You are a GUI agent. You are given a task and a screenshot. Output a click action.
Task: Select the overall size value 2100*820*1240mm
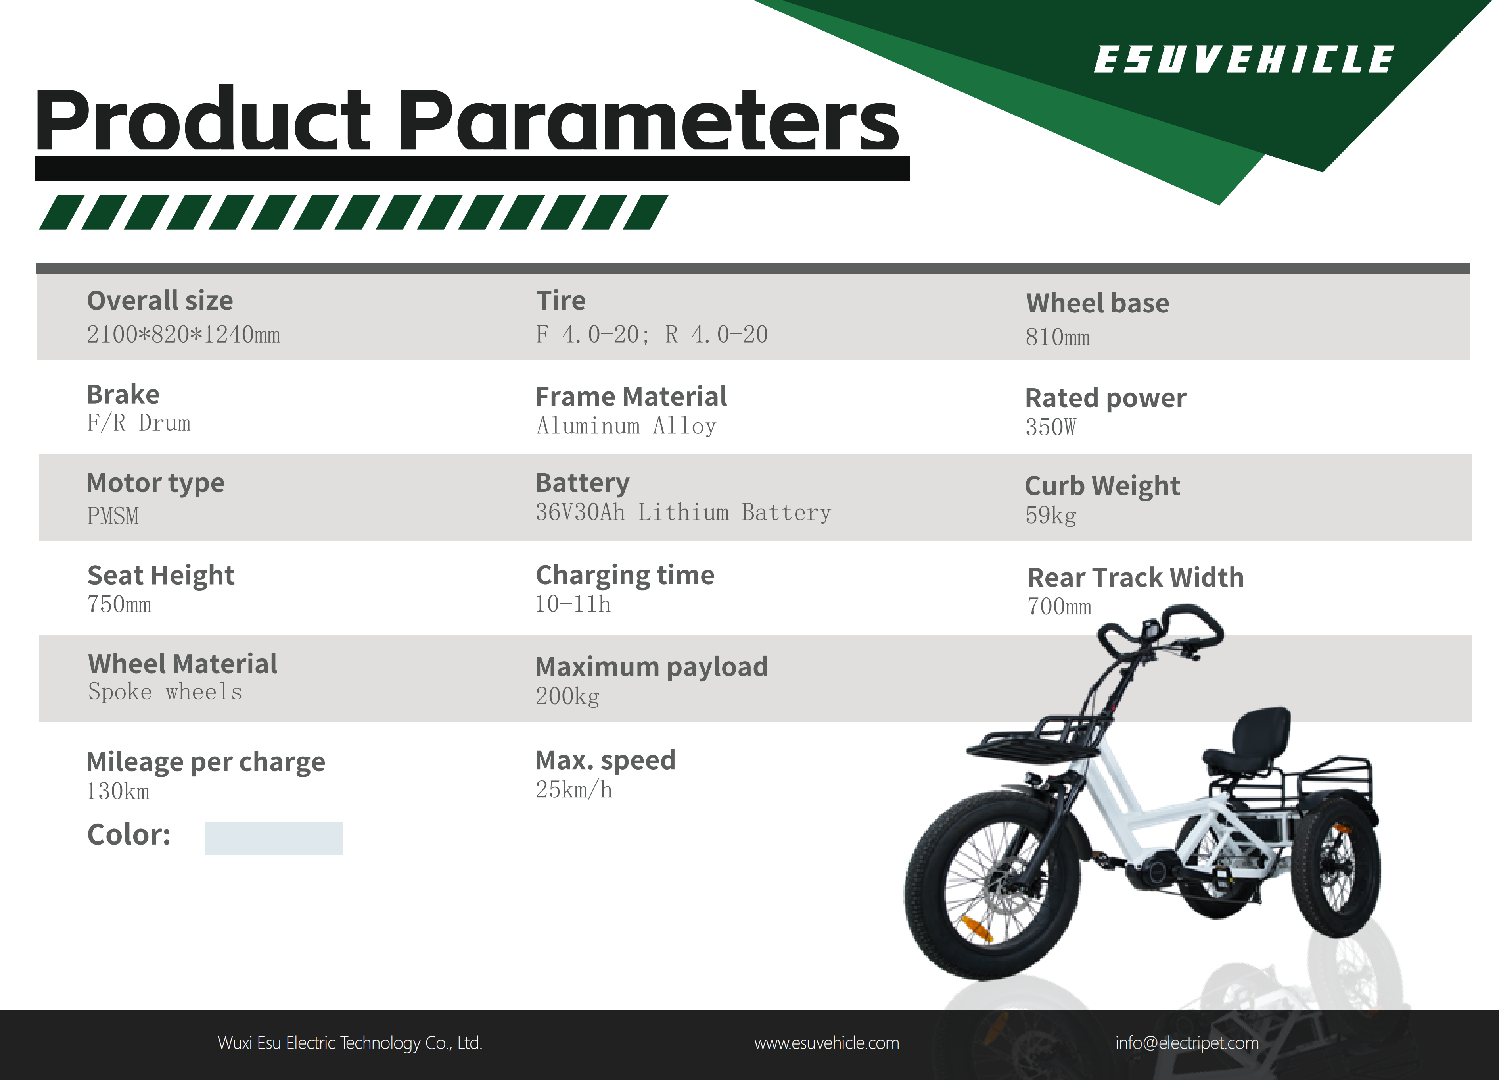pos(183,335)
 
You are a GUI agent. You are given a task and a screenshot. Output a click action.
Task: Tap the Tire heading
pos(560,301)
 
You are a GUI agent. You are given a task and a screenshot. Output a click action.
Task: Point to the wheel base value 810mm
pos(1058,337)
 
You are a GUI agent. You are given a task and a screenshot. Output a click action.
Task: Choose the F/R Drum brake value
pos(139,423)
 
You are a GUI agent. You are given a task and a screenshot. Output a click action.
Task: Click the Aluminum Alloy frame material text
pos(626,426)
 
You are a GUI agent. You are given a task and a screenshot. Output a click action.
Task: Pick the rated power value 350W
pos(1050,427)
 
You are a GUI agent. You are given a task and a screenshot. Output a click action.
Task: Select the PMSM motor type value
pos(113,516)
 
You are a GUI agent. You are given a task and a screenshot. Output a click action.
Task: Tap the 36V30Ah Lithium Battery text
pos(683,512)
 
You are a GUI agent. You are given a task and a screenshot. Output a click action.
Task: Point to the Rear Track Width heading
pos(1135,578)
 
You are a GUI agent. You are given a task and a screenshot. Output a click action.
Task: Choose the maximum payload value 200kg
pos(567,697)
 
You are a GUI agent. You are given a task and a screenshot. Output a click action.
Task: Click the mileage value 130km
pos(118,792)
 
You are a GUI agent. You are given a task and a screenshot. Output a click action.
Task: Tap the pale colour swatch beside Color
pos(274,838)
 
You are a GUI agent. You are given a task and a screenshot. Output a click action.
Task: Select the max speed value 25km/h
pos(574,790)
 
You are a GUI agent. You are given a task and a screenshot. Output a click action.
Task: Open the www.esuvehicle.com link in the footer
pos(826,1043)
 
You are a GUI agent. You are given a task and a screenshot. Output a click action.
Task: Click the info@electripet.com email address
pos(1187,1043)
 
